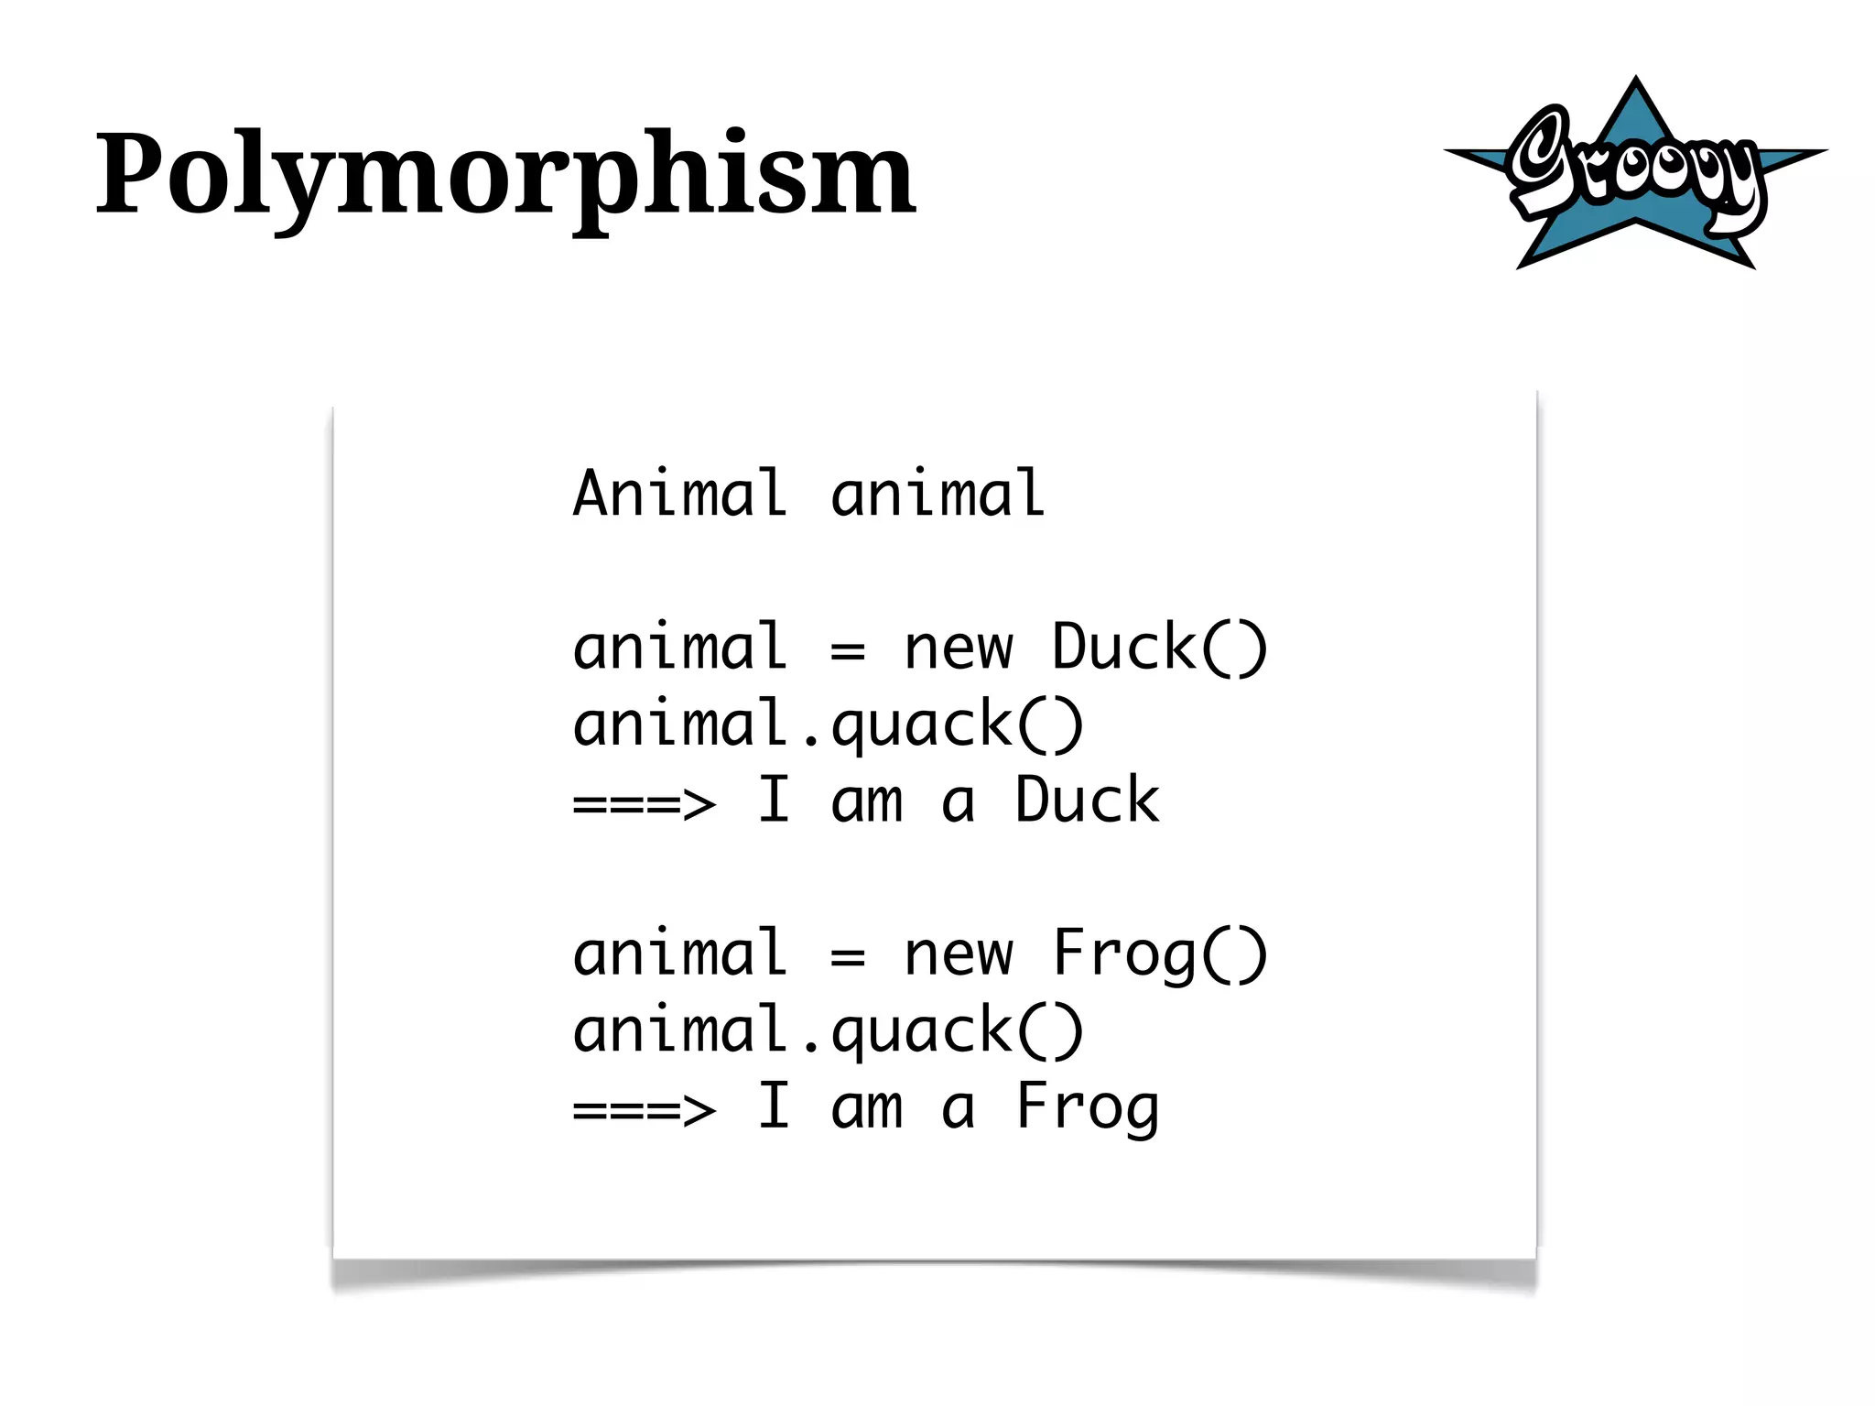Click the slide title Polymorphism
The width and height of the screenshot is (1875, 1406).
(505, 174)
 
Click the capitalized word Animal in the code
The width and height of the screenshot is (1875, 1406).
(679, 494)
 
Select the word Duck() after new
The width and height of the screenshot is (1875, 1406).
(1159, 648)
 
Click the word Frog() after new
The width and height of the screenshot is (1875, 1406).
(1159, 954)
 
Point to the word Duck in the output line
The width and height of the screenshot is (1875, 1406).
(1087, 801)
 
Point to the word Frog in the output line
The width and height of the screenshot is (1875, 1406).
(1087, 1107)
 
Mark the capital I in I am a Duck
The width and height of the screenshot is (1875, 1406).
(774, 801)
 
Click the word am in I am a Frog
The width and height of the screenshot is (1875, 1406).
(866, 1109)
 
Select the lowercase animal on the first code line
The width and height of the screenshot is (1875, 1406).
(937, 494)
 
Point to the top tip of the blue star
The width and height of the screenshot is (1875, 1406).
(1635, 80)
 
